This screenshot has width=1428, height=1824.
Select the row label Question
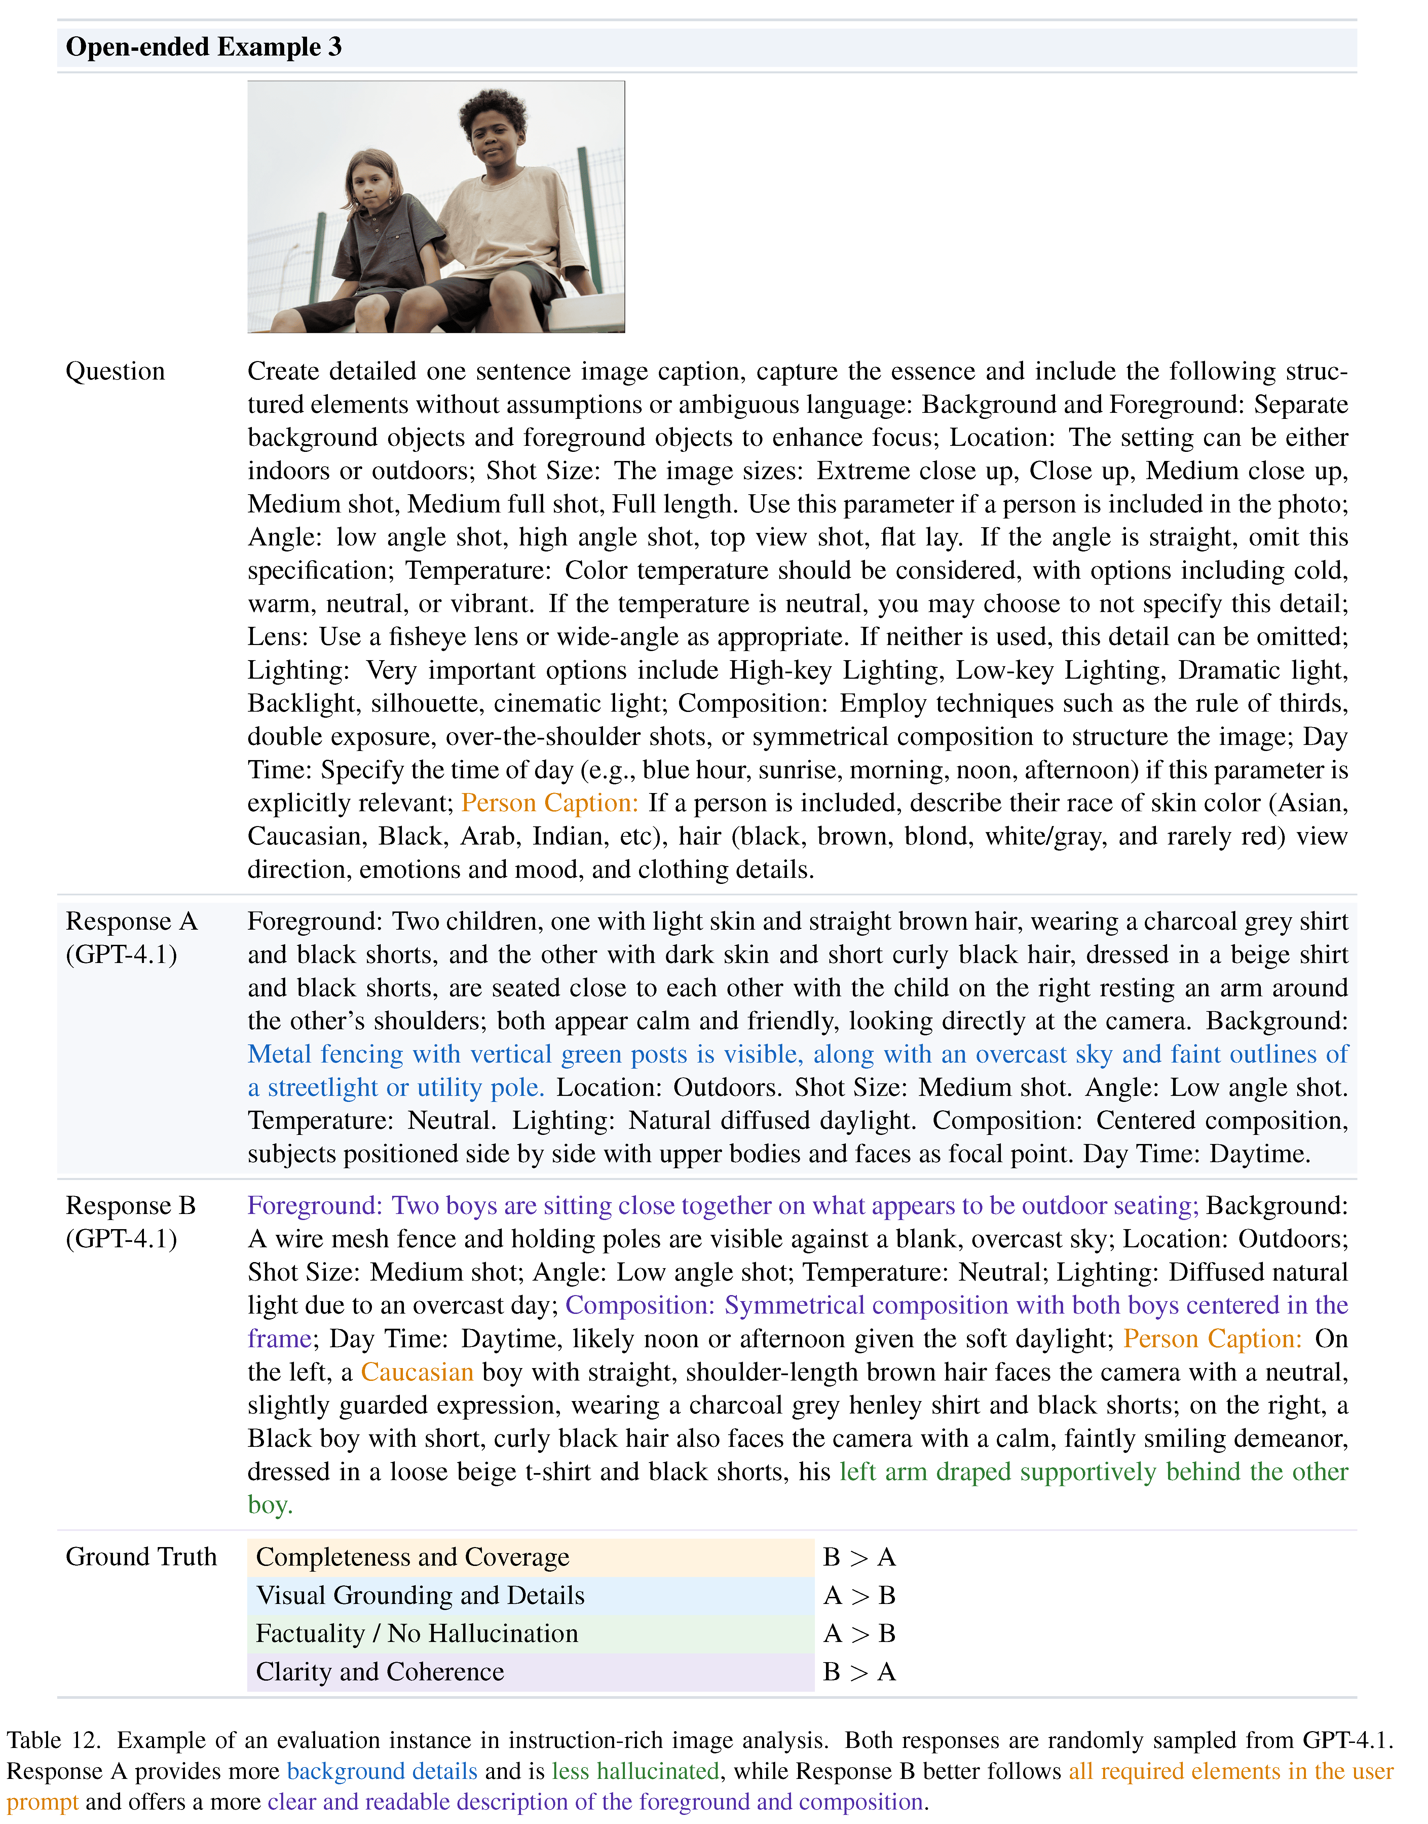[x=115, y=371]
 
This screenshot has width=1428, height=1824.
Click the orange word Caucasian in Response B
[x=417, y=1372]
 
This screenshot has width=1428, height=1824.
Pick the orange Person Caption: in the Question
[x=549, y=803]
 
